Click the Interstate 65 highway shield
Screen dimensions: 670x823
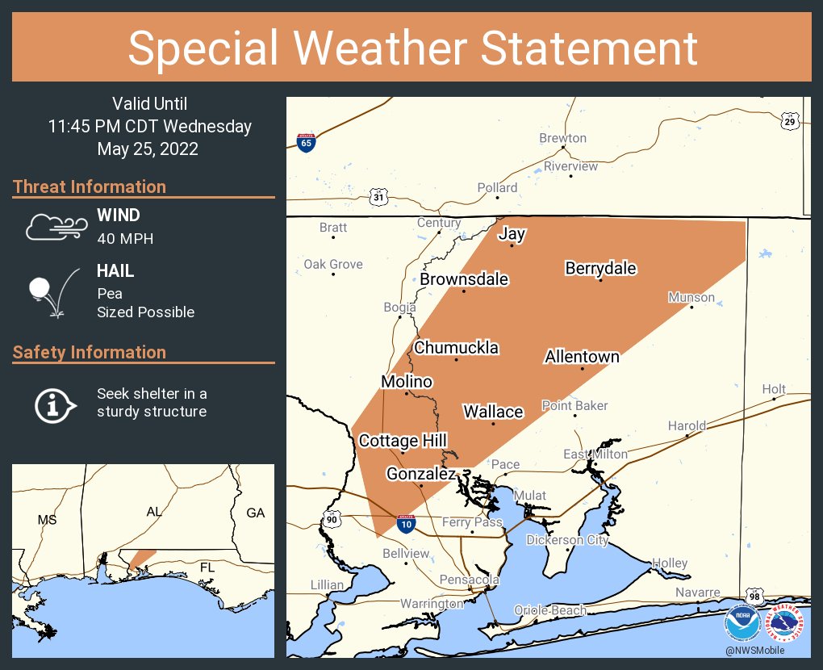(306, 143)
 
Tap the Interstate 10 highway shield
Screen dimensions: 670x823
(407, 524)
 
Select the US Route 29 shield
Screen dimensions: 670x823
(790, 120)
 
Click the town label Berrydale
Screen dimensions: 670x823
(600, 268)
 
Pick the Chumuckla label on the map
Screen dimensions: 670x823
(456, 348)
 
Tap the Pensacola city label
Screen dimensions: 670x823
(469, 580)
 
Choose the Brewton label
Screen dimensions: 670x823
(562, 138)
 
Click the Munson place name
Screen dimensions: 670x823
(691, 297)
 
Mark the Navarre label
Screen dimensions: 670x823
(697, 593)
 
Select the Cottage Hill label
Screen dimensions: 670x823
(403, 441)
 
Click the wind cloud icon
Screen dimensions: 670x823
(55, 228)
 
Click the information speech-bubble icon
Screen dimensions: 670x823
(55, 404)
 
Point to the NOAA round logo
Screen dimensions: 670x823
(742, 624)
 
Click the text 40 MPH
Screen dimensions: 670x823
(125, 238)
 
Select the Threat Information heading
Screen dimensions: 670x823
(90, 186)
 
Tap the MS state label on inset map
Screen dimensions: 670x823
(47, 520)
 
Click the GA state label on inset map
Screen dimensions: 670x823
(255, 513)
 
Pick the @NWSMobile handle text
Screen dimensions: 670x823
(754, 651)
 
